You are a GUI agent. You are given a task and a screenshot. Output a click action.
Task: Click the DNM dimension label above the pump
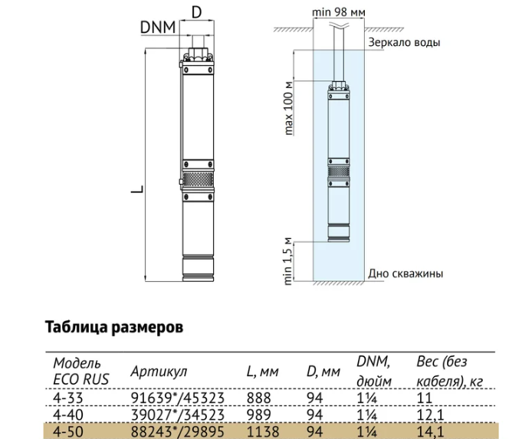click(x=158, y=28)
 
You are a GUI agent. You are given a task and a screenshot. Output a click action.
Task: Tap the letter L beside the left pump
click(x=137, y=188)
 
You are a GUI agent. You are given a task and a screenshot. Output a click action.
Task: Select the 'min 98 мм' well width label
click(x=339, y=12)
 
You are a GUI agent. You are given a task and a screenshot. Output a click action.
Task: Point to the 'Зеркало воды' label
click(x=404, y=42)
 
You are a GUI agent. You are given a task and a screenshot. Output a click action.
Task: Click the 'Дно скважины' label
click(x=406, y=274)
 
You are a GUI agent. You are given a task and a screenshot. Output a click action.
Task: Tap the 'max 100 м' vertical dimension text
click(x=288, y=108)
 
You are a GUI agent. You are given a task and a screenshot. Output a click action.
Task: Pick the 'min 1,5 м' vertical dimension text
click(x=288, y=261)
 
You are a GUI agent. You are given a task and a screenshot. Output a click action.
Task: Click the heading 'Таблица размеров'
click(x=114, y=327)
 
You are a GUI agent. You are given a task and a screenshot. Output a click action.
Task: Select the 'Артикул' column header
click(x=159, y=371)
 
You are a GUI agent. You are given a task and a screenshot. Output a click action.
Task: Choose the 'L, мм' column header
click(x=262, y=372)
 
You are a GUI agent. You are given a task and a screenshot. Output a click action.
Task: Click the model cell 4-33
click(x=68, y=398)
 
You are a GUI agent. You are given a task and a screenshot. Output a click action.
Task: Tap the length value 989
click(x=259, y=414)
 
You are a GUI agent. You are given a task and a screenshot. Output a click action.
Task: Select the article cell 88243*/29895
click(x=177, y=432)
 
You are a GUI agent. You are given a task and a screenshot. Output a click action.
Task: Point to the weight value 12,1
click(x=430, y=415)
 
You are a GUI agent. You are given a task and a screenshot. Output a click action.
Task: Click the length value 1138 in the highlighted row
click(x=263, y=432)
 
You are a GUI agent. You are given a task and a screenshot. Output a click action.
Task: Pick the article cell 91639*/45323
click(x=177, y=398)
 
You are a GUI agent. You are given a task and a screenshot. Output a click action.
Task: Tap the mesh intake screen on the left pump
click(x=198, y=179)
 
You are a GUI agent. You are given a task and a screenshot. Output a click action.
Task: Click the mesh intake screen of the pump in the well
click(x=339, y=172)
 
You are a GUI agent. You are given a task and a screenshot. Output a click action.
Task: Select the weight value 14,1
click(x=430, y=432)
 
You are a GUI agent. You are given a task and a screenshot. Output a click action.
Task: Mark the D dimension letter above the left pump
click(x=197, y=12)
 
